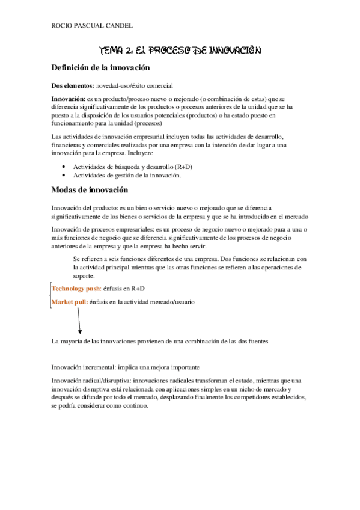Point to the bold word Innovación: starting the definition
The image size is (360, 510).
(x=69, y=98)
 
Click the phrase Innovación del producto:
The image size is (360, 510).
(x=85, y=207)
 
